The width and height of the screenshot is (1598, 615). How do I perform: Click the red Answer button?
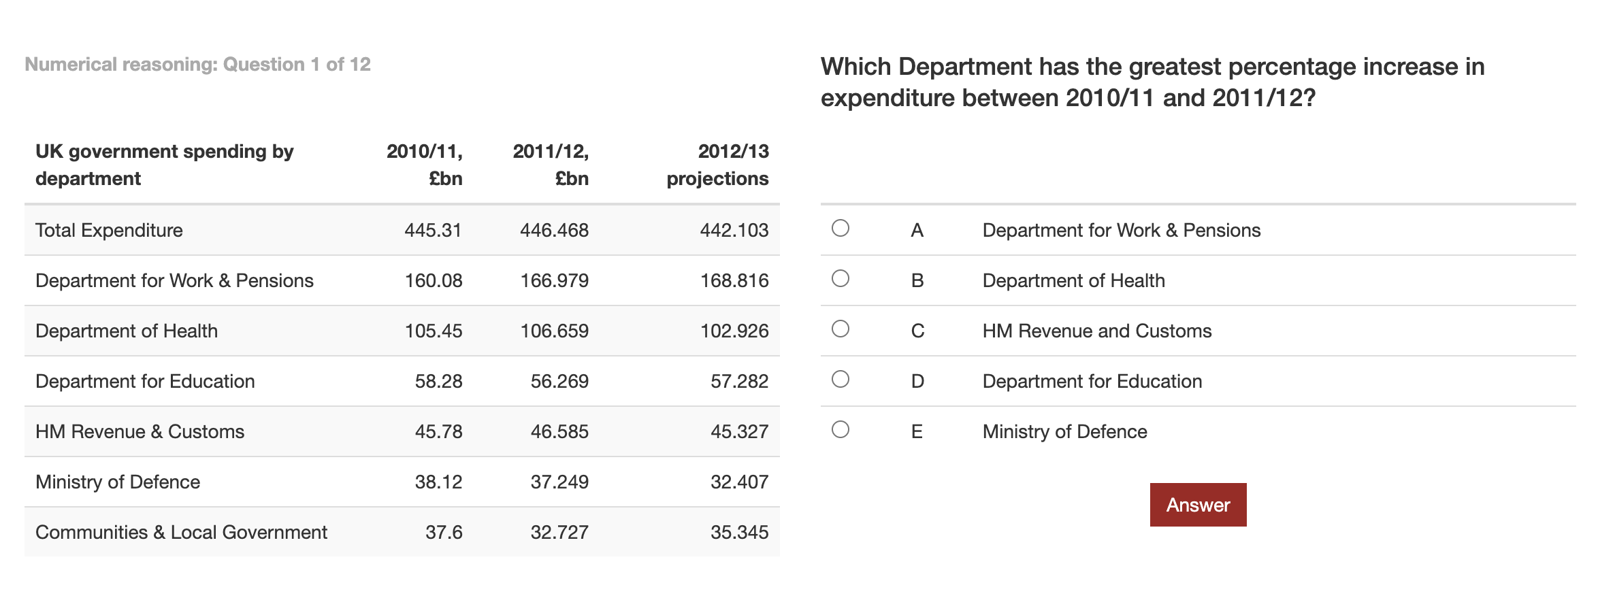[x=1198, y=505]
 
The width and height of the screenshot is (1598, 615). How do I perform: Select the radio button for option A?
[x=841, y=228]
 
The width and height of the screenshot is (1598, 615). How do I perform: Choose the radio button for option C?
[x=841, y=329]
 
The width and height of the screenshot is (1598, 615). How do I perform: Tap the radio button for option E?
[x=841, y=429]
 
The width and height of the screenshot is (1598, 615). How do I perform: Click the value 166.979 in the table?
[x=554, y=280]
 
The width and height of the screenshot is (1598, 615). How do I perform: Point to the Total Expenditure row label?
[x=109, y=231]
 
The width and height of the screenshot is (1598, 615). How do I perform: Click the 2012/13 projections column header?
[x=717, y=165]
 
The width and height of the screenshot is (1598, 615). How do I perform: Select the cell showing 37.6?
[x=444, y=532]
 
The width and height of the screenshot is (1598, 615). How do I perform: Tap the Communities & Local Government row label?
[x=181, y=532]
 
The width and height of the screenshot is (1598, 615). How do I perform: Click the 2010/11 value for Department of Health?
[x=434, y=331]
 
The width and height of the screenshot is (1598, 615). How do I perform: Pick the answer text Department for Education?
[x=1092, y=381]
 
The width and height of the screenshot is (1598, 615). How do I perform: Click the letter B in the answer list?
[x=917, y=280]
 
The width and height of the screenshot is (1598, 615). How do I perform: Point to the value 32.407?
[x=739, y=482]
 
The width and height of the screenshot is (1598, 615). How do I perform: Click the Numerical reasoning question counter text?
[x=197, y=65]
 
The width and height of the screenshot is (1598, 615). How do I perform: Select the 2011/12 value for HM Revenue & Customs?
[x=559, y=431]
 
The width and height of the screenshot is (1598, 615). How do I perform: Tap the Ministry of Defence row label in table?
[x=118, y=482]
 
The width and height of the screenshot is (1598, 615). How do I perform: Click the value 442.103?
[x=734, y=230]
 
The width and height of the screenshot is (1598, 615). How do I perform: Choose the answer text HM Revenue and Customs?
[x=1097, y=331]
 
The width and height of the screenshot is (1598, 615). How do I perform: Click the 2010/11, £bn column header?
[x=425, y=165]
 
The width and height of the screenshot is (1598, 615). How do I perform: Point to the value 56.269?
[x=559, y=381]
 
